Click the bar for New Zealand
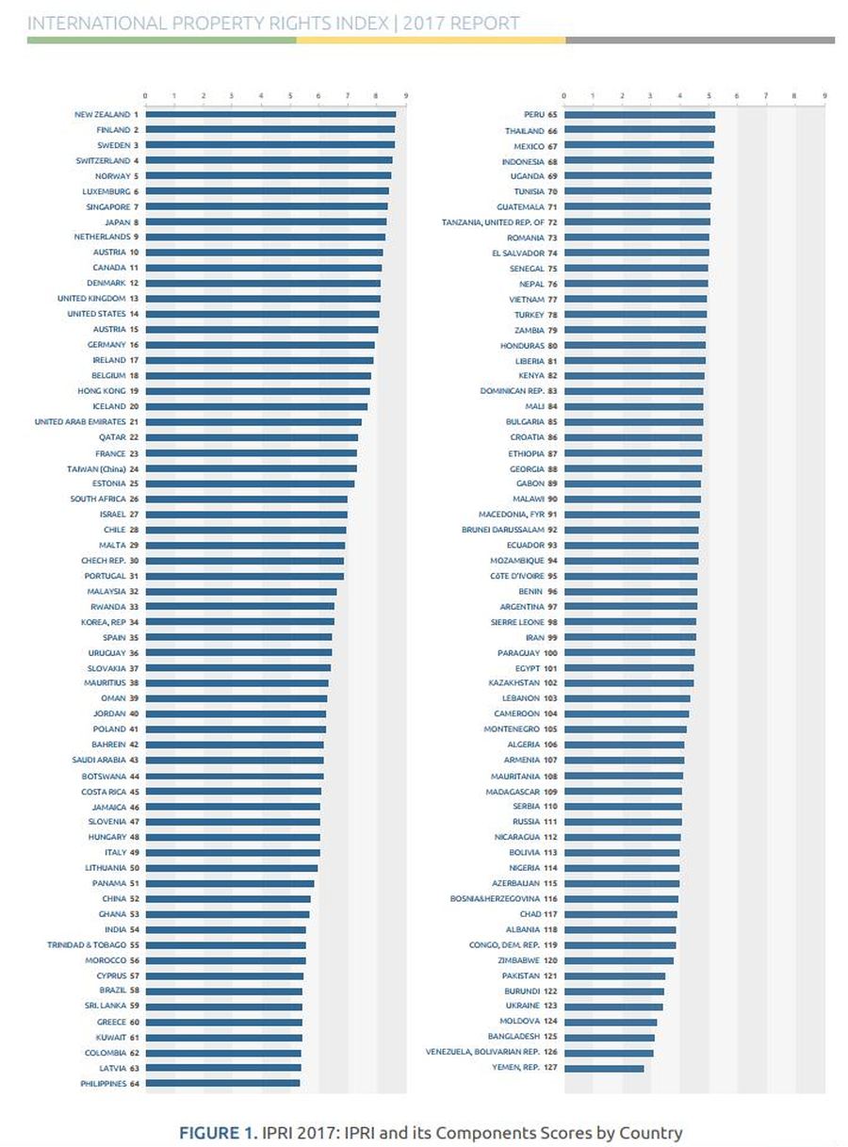[x=270, y=114]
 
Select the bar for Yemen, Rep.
[x=604, y=1068]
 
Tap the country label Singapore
[x=106, y=206]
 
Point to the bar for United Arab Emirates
[x=253, y=422]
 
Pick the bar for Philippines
[x=222, y=1084]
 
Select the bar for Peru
[x=639, y=115]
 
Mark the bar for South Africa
[x=247, y=500]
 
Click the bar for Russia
[x=623, y=822]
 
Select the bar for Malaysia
[x=241, y=592]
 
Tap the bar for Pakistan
[x=614, y=975]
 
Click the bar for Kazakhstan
[x=628, y=683]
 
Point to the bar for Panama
[x=230, y=883]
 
